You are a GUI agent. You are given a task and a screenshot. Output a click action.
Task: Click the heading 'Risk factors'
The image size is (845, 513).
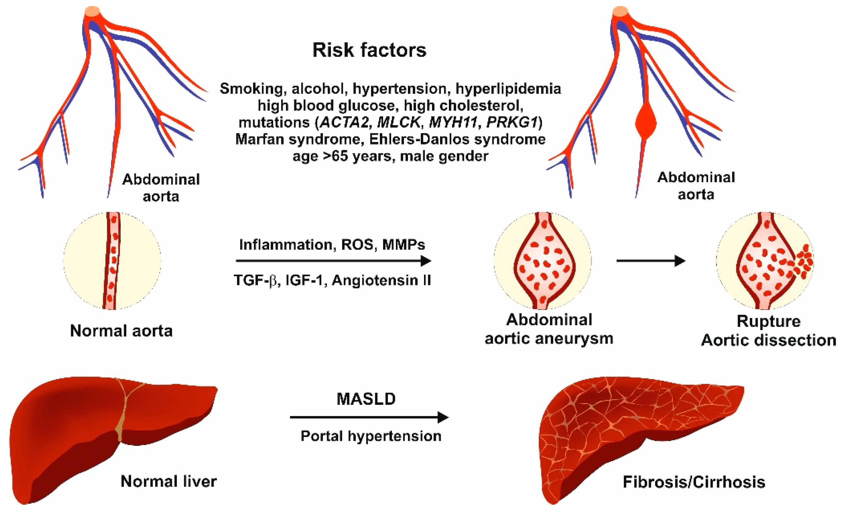(369, 50)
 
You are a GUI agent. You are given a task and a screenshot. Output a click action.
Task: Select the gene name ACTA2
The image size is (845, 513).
(344, 122)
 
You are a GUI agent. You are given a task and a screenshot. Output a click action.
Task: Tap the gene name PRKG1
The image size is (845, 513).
(512, 122)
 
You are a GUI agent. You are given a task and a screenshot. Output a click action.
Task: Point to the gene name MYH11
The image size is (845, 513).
(453, 122)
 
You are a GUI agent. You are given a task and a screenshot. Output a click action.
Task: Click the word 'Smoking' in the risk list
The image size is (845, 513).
(251, 89)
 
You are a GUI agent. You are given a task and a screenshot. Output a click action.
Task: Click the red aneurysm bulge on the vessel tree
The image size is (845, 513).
(645, 123)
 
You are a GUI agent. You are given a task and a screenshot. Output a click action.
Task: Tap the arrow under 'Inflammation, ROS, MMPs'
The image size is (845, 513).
(333, 261)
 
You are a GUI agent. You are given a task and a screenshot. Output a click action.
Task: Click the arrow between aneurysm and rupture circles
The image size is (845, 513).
(650, 261)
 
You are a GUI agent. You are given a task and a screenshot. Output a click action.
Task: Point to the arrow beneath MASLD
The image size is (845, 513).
(369, 417)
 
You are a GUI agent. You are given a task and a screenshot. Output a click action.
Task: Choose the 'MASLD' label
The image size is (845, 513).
(366, 399)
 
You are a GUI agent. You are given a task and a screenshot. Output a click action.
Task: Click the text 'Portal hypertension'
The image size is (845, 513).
(371, 436)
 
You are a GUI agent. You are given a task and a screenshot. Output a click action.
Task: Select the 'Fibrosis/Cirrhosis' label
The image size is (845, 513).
(694, 482)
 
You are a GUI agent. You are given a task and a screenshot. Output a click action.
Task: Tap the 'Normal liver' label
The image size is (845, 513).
(168, 481)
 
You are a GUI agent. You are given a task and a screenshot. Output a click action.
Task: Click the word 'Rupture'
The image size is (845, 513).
(769, 321)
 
